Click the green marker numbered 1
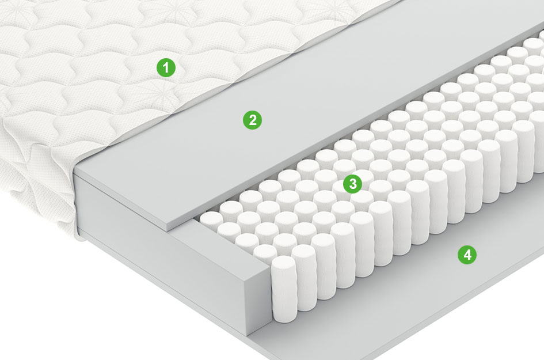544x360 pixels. point(166,67)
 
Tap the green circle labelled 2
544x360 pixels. point(252,120)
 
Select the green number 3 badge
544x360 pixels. point(352,184)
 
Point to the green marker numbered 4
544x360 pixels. point(467,255)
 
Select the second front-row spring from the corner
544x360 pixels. point(304,278)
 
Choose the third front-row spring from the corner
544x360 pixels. point(324,267)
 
